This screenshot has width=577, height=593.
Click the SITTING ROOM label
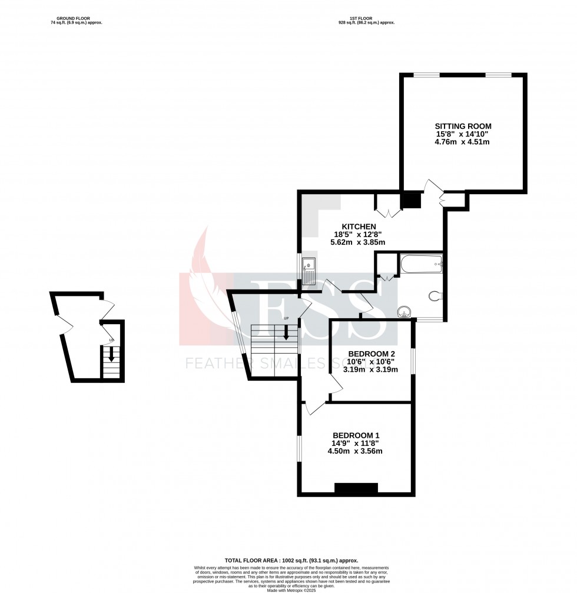point(463,126)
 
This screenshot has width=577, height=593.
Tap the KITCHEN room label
point(359,226)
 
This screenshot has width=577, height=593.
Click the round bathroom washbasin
point(404,311)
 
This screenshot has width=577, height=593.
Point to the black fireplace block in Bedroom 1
point(356,488)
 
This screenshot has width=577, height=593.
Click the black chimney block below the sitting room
point(411,201)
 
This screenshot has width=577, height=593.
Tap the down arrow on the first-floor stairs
point(286,333)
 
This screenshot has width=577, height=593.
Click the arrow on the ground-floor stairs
point(110,356)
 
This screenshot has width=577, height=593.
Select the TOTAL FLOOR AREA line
point(291,561)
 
